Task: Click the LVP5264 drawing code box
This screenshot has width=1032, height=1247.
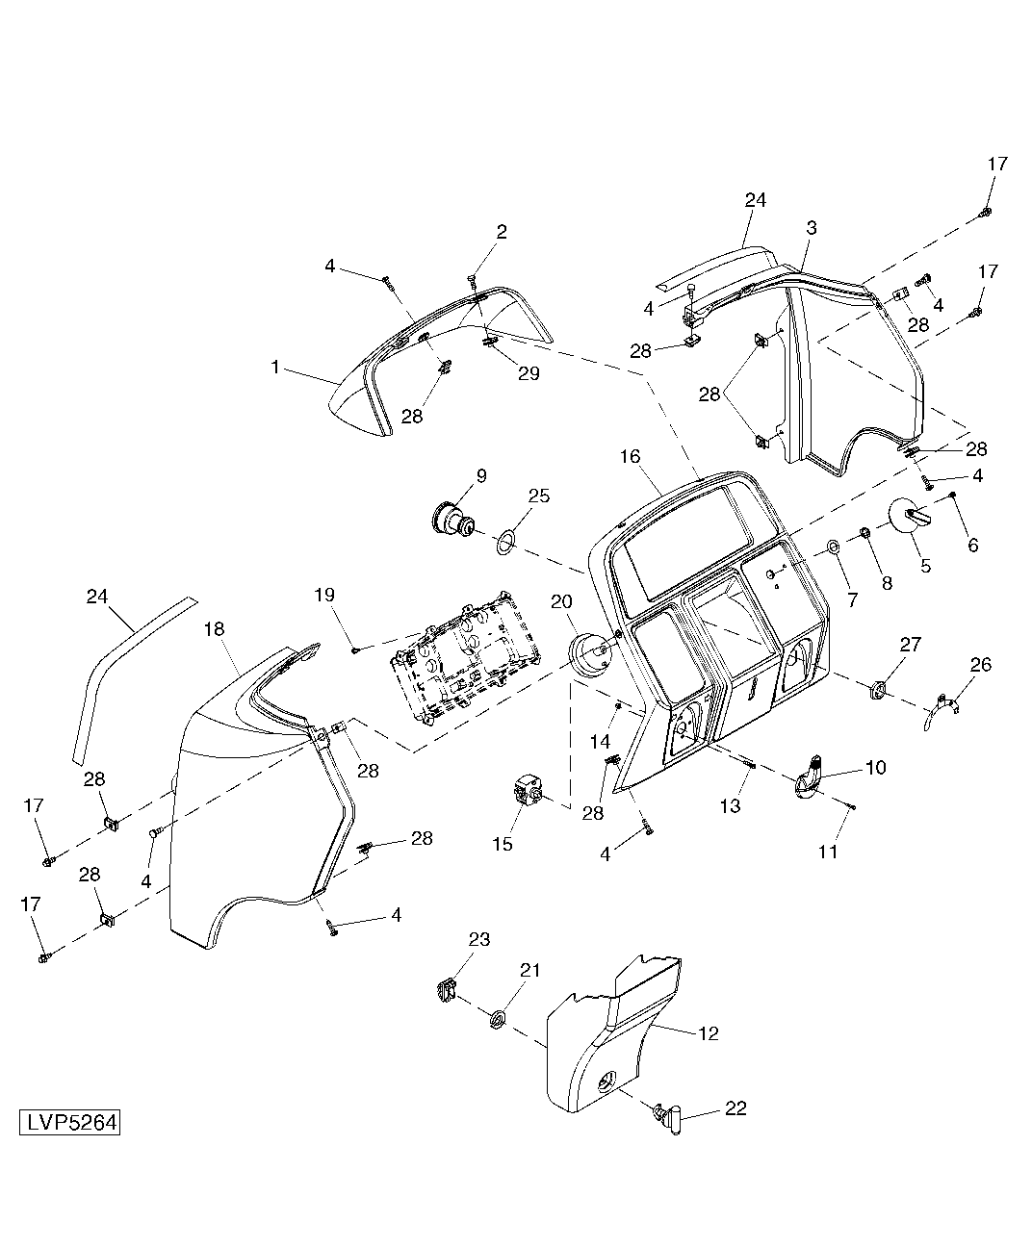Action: tap(69, 1123)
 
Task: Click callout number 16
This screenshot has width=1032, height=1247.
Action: tap(630, 457)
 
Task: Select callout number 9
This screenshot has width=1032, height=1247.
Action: tap(481, 476)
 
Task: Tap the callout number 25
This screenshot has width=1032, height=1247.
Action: tap(539, 496)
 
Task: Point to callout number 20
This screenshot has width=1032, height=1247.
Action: tap(561, 601)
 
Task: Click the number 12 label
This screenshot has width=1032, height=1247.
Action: tap(709, 1033)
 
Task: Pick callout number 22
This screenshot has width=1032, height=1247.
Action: tap(735, 1108)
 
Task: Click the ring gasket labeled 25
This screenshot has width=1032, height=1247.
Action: tap(506, 543)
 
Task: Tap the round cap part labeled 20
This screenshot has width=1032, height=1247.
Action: tap(588, 656)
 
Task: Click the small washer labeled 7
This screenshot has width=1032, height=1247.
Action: tap(833, 547)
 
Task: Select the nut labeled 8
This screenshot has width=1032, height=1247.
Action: tap(864, 531)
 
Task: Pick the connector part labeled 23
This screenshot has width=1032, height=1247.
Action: tap(445, 990)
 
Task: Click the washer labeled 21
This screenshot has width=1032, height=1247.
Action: tap(499, 1019)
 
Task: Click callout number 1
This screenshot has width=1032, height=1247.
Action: tap(275, 367)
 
